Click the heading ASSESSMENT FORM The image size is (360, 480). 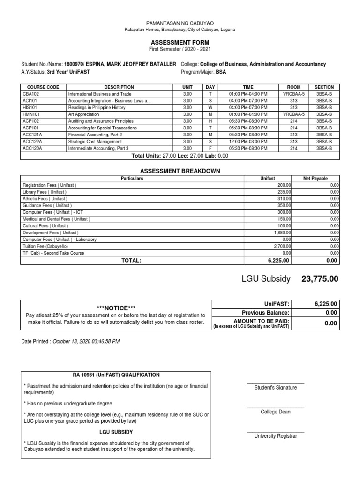(180, 43)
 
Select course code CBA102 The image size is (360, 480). (31, 94)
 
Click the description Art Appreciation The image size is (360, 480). (84, 114)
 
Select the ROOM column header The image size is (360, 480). (294, 87)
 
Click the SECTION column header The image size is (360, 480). (324, 87)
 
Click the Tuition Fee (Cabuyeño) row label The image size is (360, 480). (45, 246)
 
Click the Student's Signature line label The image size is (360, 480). (275, 388)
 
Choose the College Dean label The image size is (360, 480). (275, 412)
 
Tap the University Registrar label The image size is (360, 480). (275, 436)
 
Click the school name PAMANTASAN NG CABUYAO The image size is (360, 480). (180, 23)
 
